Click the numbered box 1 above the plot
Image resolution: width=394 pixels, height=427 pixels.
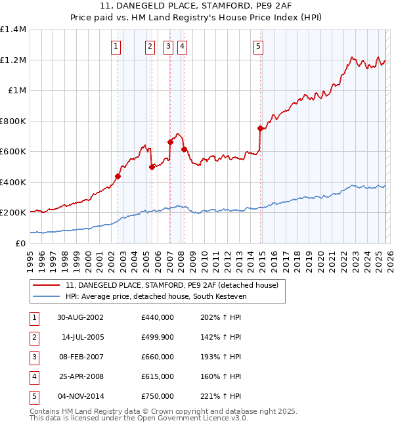(x=116, y=46)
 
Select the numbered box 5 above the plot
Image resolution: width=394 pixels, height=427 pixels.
(x=258, y=46)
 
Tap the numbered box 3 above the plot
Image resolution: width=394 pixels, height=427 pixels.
(x=168, y=46)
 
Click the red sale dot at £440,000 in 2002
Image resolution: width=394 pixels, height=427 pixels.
(x=118, y=176)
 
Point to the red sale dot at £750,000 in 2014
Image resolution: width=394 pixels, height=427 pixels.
(x=261, y=129)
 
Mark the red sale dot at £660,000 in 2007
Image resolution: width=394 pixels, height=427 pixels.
(x=170, y=142)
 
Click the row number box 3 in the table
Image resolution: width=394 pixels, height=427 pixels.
(x=33, y=357)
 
